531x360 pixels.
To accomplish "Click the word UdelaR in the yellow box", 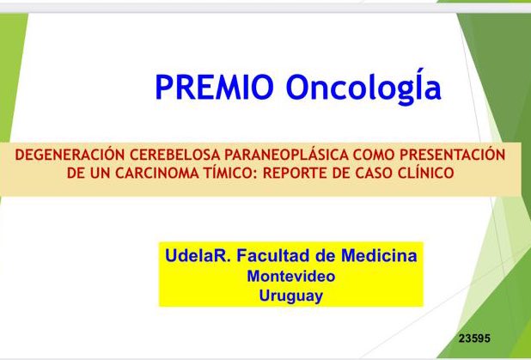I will point(191,256).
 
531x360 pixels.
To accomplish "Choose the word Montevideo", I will point(290,277).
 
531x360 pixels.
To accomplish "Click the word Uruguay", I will point(290,296).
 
